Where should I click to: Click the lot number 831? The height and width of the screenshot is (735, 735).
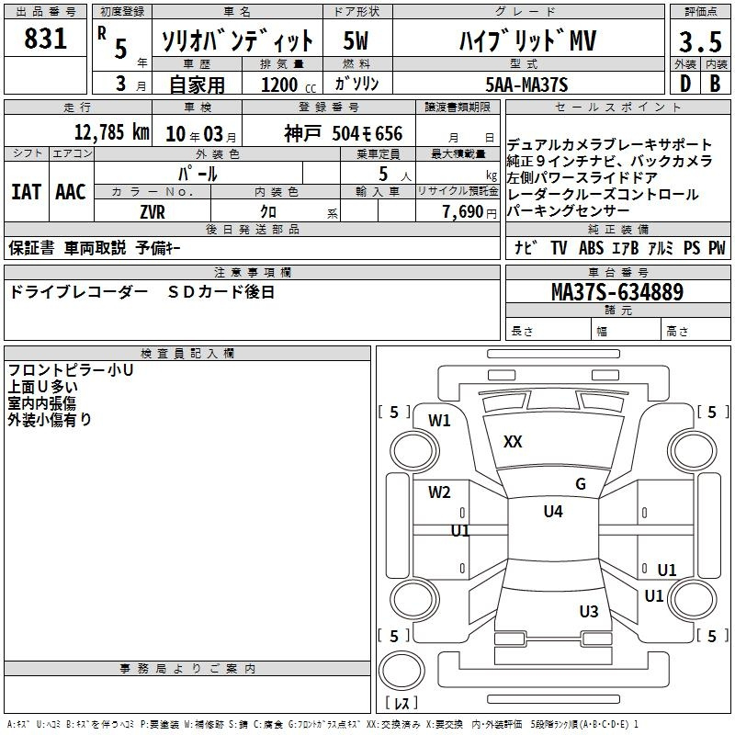point(45,39)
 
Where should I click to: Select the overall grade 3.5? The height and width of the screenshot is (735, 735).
point(700,41)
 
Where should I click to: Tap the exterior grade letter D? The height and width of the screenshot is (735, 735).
point(685,84)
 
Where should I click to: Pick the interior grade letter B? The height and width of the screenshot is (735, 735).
point(715,84)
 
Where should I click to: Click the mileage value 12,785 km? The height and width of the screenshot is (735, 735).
point(112,132)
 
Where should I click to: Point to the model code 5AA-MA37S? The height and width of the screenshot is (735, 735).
point(526,85)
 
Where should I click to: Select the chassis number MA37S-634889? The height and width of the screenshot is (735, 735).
point(617,292)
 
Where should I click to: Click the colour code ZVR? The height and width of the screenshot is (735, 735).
point(153,212)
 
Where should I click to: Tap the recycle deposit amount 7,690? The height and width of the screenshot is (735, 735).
point(463,212)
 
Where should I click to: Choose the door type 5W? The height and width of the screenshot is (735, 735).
point(356,40)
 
